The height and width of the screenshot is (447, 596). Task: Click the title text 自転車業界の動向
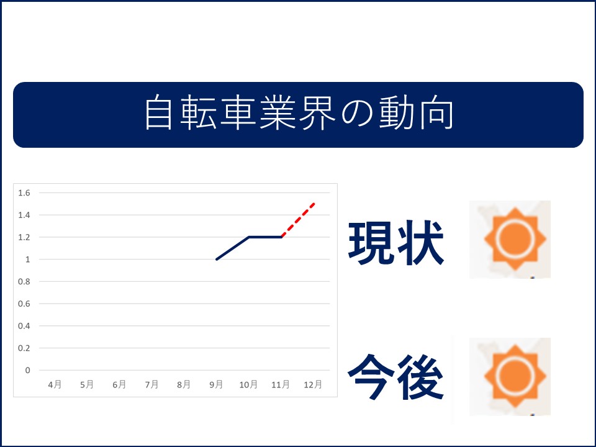[x=299, y=113]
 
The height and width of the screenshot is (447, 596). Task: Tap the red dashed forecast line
[x=299, y=220]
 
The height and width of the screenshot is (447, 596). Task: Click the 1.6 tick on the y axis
[x=24, y=192]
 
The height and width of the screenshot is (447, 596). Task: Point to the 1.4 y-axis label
[x=24, y=215]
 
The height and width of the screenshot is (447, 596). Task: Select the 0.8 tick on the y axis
[x=24, y=282]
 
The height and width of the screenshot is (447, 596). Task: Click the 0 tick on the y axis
[x=27, y=370]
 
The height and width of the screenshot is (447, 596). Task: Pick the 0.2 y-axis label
[x=24, y=348]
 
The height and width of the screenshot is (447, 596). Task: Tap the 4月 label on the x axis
[x=55, y=384]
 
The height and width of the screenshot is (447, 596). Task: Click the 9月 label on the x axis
[x=216, y=384]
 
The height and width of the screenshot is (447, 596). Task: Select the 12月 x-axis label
[x=313, y=384]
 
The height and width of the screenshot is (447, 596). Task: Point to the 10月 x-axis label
[x=248, y=384]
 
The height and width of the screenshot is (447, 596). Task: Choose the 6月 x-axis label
[x=119, y=384]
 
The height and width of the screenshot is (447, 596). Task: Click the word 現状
[x=396, y=243]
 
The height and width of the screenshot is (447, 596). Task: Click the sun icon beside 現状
[x=515, y=238]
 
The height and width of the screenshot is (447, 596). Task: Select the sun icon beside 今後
[x=515, y=376]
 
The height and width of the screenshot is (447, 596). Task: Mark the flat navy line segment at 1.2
[x=265, y=237]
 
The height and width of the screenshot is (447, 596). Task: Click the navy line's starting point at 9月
[x=216, y=260]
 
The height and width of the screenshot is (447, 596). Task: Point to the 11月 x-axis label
[x=281, y=384]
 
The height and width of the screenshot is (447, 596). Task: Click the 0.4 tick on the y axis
[x=24, y=326]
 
